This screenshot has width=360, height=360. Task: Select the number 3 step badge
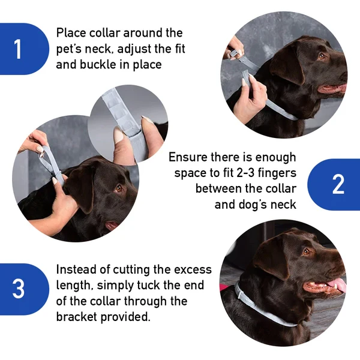point(18,289)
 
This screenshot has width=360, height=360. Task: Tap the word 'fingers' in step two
point(277,173)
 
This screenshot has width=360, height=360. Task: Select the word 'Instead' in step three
point(77,270)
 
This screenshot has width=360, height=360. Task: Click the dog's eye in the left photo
point(119,188)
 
